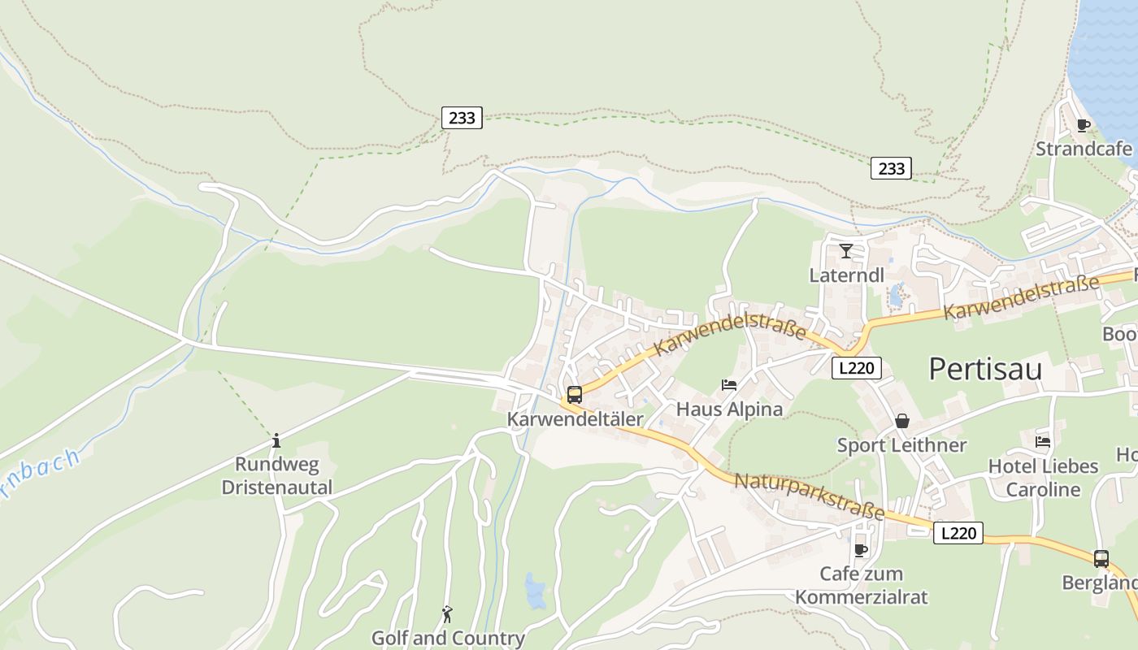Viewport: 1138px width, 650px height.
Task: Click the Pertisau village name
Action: [x=985, y=369]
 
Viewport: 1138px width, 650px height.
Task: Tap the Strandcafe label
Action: [x=1084, y=149]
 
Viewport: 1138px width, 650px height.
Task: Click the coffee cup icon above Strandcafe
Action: [x=1083, y=125]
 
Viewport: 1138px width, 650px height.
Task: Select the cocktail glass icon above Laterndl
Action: [x=846, y=250]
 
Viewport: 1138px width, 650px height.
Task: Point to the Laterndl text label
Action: [x=846, y=275]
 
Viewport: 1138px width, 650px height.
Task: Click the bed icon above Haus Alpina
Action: [x=729, y=384]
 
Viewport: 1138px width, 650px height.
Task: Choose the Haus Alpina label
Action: [x=729, y=409]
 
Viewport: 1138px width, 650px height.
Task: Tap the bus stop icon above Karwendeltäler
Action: [x=575, y=395]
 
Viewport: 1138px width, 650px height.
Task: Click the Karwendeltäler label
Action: [x=575, y=419]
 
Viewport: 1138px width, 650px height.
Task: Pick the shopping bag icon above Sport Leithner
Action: [x=902, y=421]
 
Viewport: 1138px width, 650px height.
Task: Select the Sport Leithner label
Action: [x=902, y=445]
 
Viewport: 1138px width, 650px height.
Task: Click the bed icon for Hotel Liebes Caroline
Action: [x=1043, y=442]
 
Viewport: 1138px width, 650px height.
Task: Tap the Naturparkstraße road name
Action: [x=809, y=495]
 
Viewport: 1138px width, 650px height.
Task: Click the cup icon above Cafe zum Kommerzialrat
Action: [x=861, y=550]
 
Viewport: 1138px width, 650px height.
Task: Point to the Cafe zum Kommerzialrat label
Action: [x=861, y=585]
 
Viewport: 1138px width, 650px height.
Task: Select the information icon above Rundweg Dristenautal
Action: [x=276, y=440]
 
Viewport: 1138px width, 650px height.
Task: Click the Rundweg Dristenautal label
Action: [x=276, y=476]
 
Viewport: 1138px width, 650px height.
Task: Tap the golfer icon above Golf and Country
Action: [x=447, y=613]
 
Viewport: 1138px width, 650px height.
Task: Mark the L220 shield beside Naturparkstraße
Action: [x=958, y=533]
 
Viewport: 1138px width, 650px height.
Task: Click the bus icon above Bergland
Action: [x=1101, y=559]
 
